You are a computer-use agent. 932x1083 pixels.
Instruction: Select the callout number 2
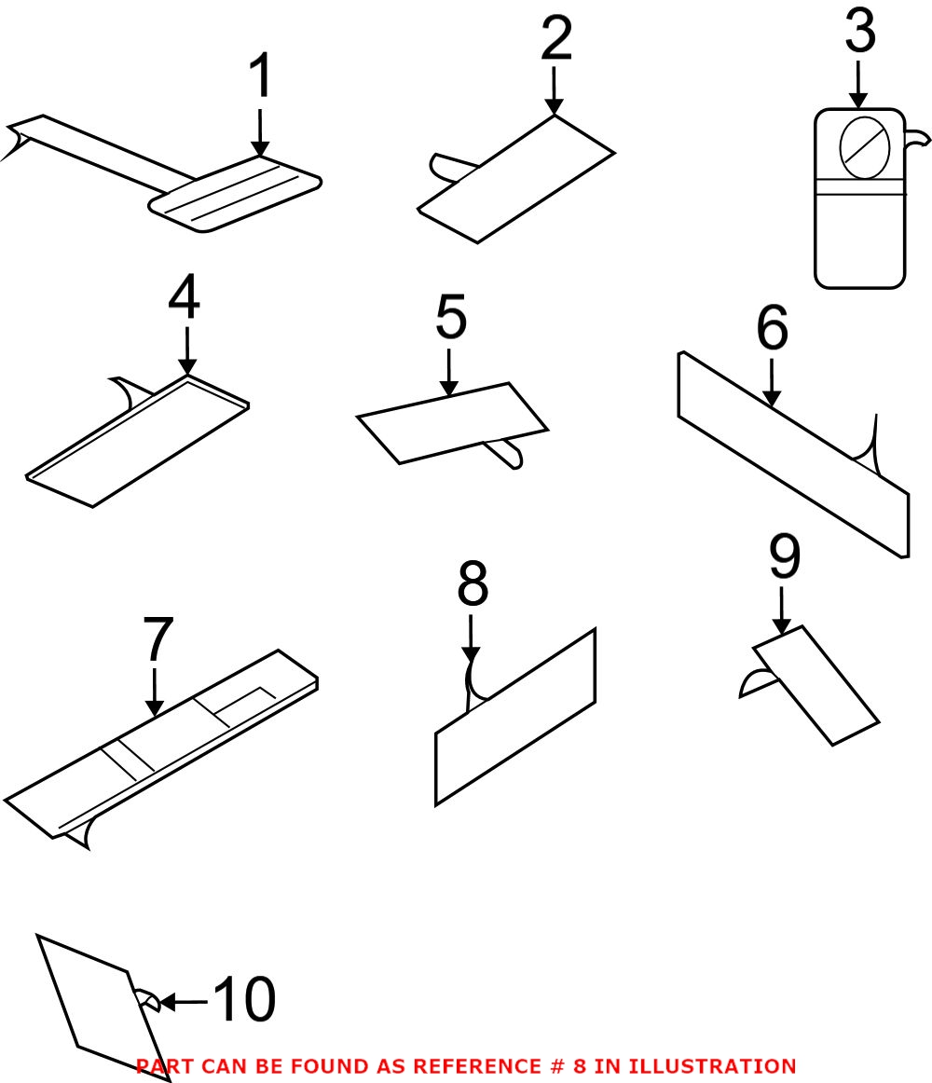coord(555,40)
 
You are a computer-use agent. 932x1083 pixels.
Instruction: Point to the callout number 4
coord(185,299)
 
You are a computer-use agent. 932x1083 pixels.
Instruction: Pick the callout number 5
coord(450,318)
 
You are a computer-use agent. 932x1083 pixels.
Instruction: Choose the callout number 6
coord(772,329)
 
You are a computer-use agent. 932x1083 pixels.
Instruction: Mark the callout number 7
coord(158,640)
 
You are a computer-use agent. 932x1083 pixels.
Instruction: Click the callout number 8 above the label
coord(473,585)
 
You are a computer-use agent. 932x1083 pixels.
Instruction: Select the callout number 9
coord(784,557)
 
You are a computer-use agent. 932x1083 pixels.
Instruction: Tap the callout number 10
coord(244,1001)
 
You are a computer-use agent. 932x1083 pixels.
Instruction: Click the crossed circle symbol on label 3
coord(866,147)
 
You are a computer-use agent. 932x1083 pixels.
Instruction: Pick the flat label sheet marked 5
coord(452,422)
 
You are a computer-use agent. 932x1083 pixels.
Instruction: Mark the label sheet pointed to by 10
coord(93,1002)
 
